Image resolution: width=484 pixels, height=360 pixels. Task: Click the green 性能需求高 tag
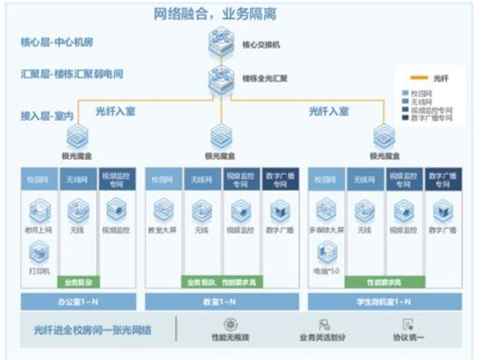coord(380,283)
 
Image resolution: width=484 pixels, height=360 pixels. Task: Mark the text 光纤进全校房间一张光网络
coord(92,330)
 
